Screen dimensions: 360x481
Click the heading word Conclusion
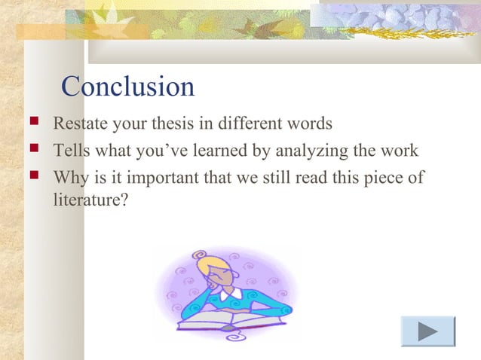pos(127,87)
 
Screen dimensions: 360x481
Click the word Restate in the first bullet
pos(77,123)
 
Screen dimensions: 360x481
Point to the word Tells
pos(68,151)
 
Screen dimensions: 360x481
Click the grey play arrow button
pos(427,331)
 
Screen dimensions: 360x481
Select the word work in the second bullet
pos(400,151)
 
